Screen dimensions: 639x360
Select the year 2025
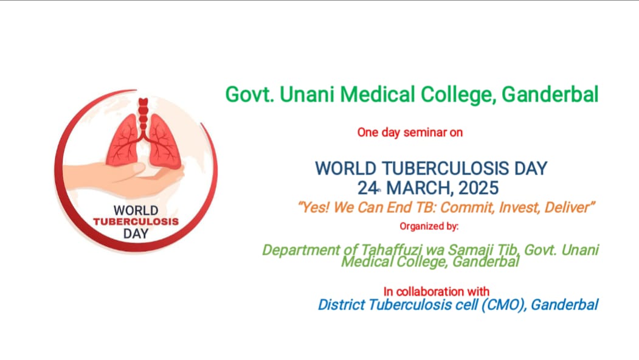tap(478, 189)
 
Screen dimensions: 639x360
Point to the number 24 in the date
tap(367, 189)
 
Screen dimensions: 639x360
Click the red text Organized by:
tap(429, 226)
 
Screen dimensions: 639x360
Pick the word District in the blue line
tap(341, 305)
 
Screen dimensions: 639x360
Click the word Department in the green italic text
tap(301, 249)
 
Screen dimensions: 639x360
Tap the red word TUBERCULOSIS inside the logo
tap(136, 222)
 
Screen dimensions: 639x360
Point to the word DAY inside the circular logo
tap(136, 234)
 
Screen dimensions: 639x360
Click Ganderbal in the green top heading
tap(550, 95)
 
